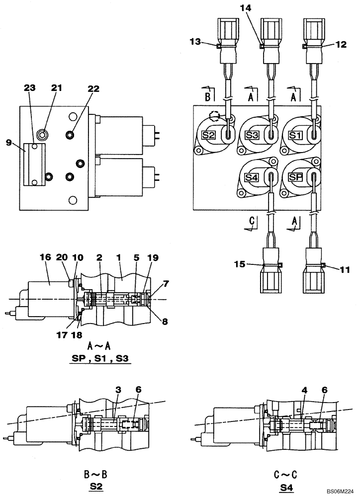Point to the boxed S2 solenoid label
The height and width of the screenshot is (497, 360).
208,135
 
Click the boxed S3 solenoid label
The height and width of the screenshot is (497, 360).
252,135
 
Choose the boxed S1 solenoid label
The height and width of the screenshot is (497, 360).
295,135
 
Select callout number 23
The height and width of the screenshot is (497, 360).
30,87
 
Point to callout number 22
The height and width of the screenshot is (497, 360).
93,89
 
